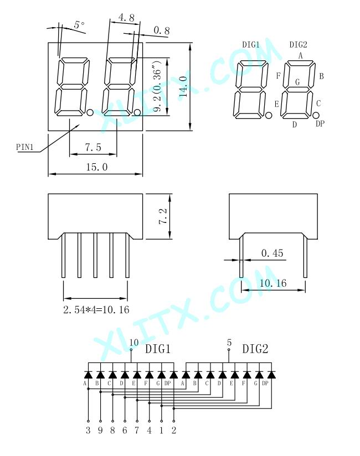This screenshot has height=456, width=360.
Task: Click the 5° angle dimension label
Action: point(79,24)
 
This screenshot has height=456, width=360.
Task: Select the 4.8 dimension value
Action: point(126,18)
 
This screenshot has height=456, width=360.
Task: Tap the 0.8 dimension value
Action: point(161,30)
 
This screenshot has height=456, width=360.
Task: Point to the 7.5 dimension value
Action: point(93,147)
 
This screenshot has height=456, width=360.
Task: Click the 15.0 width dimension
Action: point(97,167)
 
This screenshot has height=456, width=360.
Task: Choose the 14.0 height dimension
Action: point(183,86)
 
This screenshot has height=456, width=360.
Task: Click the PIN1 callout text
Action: point(25,147)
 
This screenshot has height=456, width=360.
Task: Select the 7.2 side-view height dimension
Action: point(163,216)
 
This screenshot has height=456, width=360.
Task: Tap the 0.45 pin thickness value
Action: point(272,253)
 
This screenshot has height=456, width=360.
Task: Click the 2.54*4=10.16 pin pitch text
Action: point(96,309)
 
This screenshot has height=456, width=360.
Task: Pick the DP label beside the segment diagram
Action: point(320,123)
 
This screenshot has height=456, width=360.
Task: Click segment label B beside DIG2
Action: point(321,76)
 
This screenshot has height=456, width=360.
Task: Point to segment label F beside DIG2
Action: point(278,76)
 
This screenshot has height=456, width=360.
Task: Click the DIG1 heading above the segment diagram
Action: point(251,44)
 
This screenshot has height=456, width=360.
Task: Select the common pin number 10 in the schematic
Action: point(134,343)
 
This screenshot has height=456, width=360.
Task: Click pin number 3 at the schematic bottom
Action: point(88,430)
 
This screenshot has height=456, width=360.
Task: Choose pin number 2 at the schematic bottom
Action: point(174,430)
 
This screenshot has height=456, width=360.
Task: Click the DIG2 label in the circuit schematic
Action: point(255,349)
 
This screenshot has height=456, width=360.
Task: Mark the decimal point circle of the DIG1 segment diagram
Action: point(269,116)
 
